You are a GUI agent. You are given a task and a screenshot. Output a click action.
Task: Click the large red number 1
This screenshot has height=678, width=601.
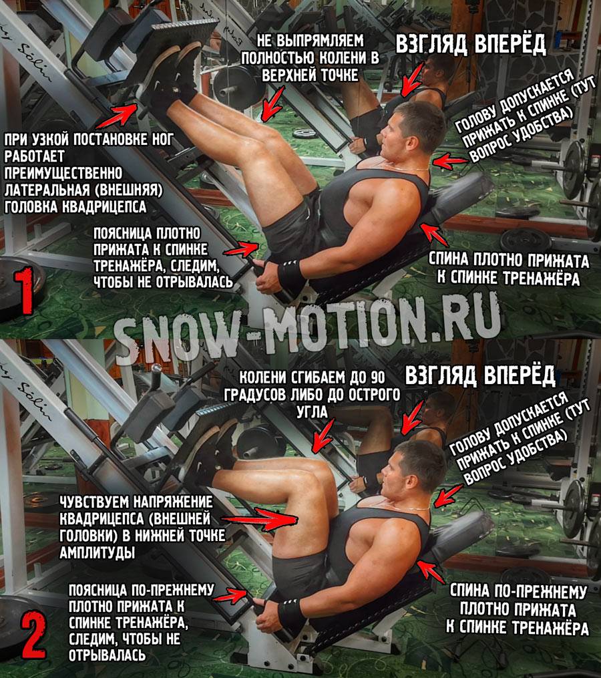[x=25, y=290]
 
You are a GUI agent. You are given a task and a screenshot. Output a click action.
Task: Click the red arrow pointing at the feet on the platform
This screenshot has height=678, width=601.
[x=118, y=116]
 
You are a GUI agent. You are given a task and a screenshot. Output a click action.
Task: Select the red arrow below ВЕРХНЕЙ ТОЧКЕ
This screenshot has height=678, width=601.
[x=272, y=104]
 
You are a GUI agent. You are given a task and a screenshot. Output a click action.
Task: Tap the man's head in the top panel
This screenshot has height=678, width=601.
[x=411, y=130]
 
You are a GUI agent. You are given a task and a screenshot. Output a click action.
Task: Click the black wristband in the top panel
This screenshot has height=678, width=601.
[x=291, y=275]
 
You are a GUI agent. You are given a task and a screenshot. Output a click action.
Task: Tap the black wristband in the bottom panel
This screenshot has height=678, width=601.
[x=291, y=615]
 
